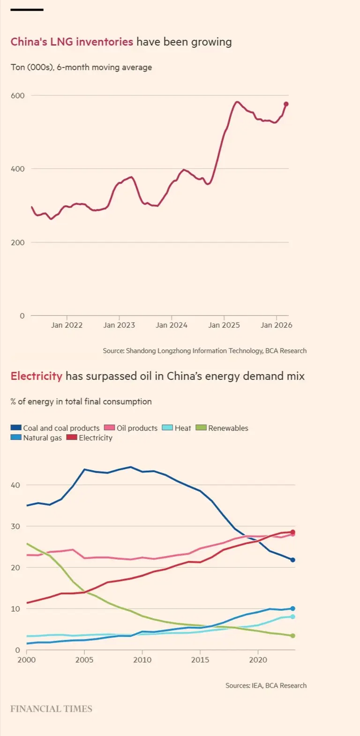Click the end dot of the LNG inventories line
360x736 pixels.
[286, 104]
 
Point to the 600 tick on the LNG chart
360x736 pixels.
[18, 96]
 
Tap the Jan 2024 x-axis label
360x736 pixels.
[172, 325]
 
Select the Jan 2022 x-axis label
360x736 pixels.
[67, 325]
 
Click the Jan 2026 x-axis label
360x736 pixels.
[277, 325]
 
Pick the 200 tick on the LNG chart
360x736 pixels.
[18, 242]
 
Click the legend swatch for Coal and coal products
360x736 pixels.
[16, 428]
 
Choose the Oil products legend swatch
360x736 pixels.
[109, 428]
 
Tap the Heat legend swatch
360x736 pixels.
[167, 428]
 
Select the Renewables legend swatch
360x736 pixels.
[201, 428]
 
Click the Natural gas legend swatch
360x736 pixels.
[16, 437]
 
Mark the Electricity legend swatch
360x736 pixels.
[72, 437]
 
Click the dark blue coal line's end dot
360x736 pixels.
[292, 560]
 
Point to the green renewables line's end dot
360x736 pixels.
[292, 636]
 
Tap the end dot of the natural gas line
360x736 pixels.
[292, 608]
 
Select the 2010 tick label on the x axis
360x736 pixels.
[142, 660]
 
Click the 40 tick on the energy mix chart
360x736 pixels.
[15, 485]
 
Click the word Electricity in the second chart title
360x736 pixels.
[37, 376]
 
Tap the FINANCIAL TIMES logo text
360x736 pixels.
[52, 709]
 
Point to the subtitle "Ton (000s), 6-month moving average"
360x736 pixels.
[82, 67]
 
